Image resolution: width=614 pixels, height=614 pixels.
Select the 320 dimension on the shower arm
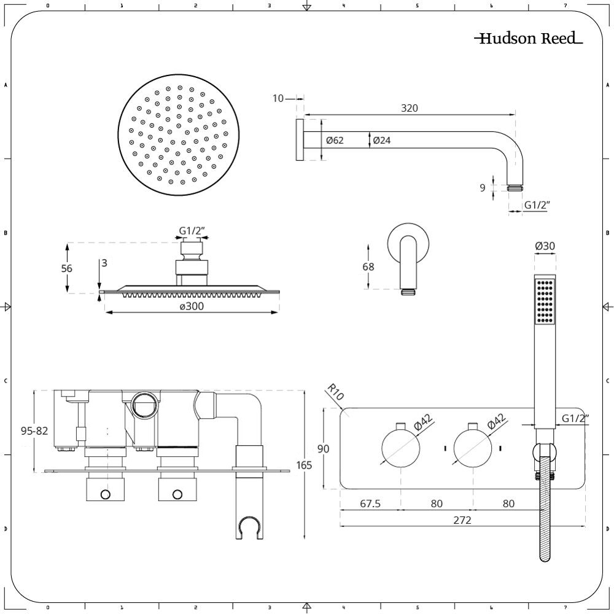click(410, 108)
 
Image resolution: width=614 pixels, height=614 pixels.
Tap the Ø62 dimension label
click(335, 141)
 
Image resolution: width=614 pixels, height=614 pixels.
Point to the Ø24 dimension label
click(381, 141)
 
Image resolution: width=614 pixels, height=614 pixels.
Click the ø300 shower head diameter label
click(192, 306)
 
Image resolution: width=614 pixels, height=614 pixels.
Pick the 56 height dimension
click(67, 268)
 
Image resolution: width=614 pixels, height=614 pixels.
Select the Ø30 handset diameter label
click(545, 246)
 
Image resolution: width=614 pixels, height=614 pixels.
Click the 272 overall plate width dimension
click(462, 520)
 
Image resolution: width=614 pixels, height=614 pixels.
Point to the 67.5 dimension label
click(370, 504)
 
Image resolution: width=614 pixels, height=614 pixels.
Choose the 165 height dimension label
click(303, 465)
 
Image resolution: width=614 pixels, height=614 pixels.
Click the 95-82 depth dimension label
click(34, 431)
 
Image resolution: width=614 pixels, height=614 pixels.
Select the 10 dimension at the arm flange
click(278, 98)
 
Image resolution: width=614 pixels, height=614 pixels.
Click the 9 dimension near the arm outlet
click(483, 188)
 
